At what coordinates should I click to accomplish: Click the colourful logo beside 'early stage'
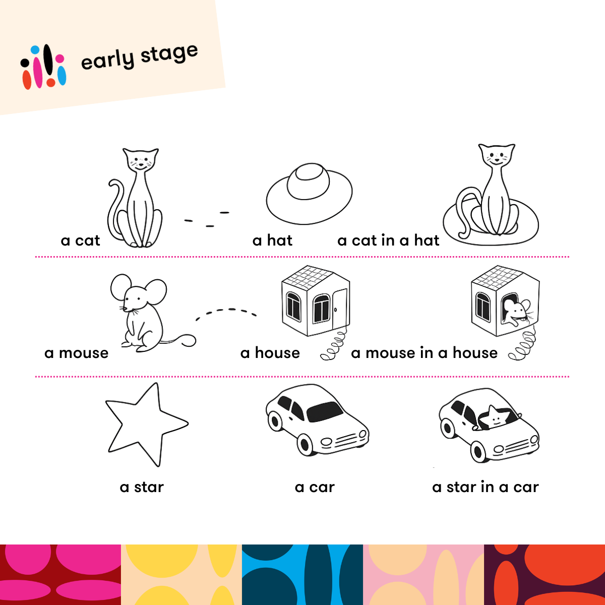click(x=43, y=67)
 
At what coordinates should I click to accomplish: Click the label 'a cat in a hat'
click(x=388, y=240)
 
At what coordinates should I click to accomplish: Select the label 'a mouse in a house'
click(x=424, y=353)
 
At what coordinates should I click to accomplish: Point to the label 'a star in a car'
click(x=486, y=487)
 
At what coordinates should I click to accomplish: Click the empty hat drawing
click(x=309, y=194)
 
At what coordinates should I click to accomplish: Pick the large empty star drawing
click(x=147, y=425)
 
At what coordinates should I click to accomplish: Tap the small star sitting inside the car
click(x=496, y=417)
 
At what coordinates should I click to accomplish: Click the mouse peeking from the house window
click(x=516, y=312)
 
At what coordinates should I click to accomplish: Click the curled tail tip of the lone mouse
click(x=188, y=341)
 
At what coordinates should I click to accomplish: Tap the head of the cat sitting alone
click(x=141, y=159)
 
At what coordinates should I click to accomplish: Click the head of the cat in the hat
click(x=497, y=155)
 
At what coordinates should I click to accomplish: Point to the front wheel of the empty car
click(x=305, y=444)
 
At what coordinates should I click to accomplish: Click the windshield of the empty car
click(x=325, y=411)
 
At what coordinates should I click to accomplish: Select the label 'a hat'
click(x=272, y=240)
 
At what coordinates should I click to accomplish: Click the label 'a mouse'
click(x=76, y=353)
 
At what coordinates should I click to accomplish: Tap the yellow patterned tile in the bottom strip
click(x=181, y=575)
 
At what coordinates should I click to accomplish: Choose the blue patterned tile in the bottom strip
click(x=302, y=575)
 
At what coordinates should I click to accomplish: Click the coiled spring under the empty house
click(x=333, y=344)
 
